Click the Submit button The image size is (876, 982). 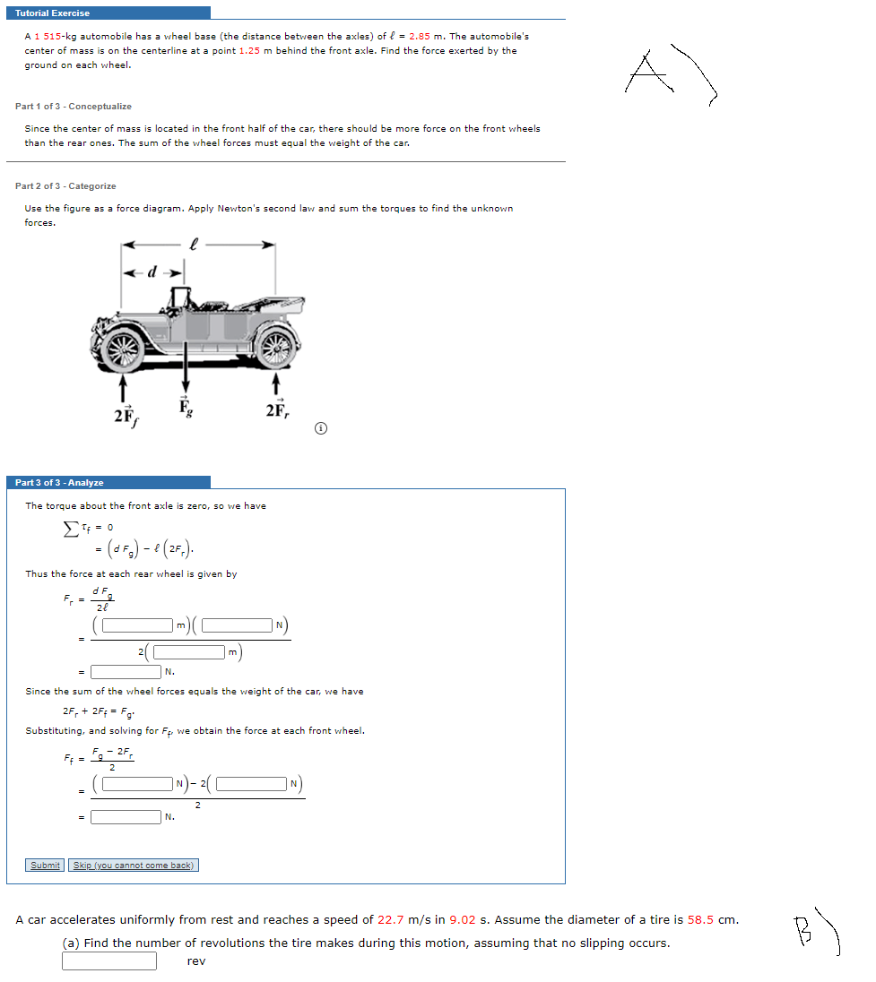pyautogui.click(x=45, y=865)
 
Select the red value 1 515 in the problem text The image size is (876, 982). pyautogui.click(x=48, y=36)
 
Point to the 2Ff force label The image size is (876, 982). pyautogui.click(x=124, y=414)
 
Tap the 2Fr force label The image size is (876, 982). pyautogui.click(x=276, y=410)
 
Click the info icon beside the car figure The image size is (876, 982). pyautogui.click(x=319, y=429)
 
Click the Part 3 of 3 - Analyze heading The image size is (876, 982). pyautogui.click(x=60, y=483)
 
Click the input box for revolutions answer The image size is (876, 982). pyautogui.click(x=109, y=960)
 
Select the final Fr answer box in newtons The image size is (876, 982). pyautogui.click(x=126, y=671)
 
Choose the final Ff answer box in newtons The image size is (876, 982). pyautogui.click(x=126, y=816)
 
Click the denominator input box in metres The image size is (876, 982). pyautogui.click(x=188, y=651)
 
